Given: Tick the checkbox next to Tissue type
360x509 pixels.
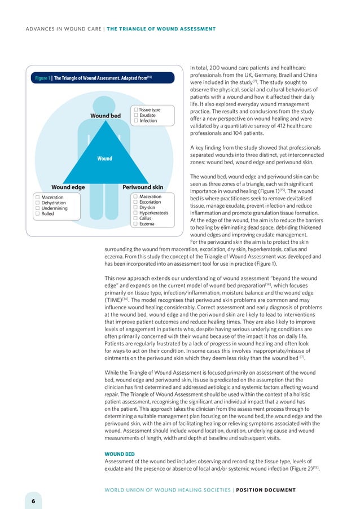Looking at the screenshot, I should [x=136, y=110].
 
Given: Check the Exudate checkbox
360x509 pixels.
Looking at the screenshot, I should [x=136, y=115].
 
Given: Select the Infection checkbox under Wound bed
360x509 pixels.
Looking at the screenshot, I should [x=136, y=121].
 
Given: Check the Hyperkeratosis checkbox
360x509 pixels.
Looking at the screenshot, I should [x=135, y=213].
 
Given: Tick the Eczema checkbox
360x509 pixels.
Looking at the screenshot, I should [x=135, y=224].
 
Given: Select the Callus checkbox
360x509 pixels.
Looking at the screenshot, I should [x=135, y=218].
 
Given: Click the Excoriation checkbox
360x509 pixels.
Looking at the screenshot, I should [x=135, y=202].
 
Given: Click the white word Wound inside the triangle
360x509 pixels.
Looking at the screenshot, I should [x=104, y=159].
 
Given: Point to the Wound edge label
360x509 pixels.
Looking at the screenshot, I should [x=68, y=187].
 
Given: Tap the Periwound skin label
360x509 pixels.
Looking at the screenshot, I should [x=143, y=187].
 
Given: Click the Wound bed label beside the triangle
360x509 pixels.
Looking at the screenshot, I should [x=106, y=116].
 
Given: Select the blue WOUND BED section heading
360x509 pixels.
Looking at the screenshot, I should [x=120, y=453].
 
